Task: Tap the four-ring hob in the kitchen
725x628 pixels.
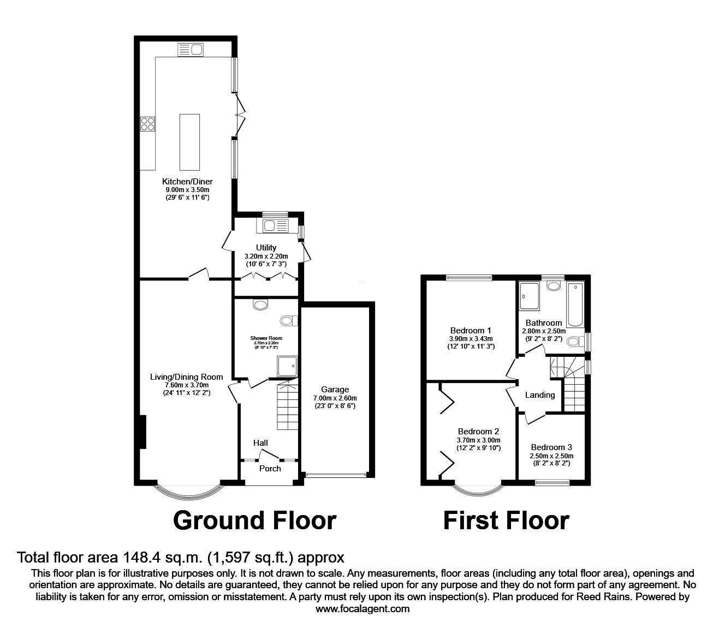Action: tap(147, 124)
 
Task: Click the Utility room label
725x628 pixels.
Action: tap(266, 248)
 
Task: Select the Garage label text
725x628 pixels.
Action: tap(335, 390)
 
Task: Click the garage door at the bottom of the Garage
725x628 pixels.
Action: tap(335, 475)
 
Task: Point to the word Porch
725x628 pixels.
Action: tap(270, 468)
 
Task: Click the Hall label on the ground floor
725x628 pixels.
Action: tap(260, 443)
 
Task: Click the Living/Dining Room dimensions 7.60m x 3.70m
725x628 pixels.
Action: tap(187, 385)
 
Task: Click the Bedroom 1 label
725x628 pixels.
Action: tap(471, 330)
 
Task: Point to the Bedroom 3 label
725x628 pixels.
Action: tap(551, 447)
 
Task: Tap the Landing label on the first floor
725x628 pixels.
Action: tap(539, 395)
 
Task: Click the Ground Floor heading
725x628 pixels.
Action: tap(254, 521)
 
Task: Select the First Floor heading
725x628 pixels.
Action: tap(506, 521)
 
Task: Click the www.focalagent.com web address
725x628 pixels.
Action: tap(362, 609)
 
